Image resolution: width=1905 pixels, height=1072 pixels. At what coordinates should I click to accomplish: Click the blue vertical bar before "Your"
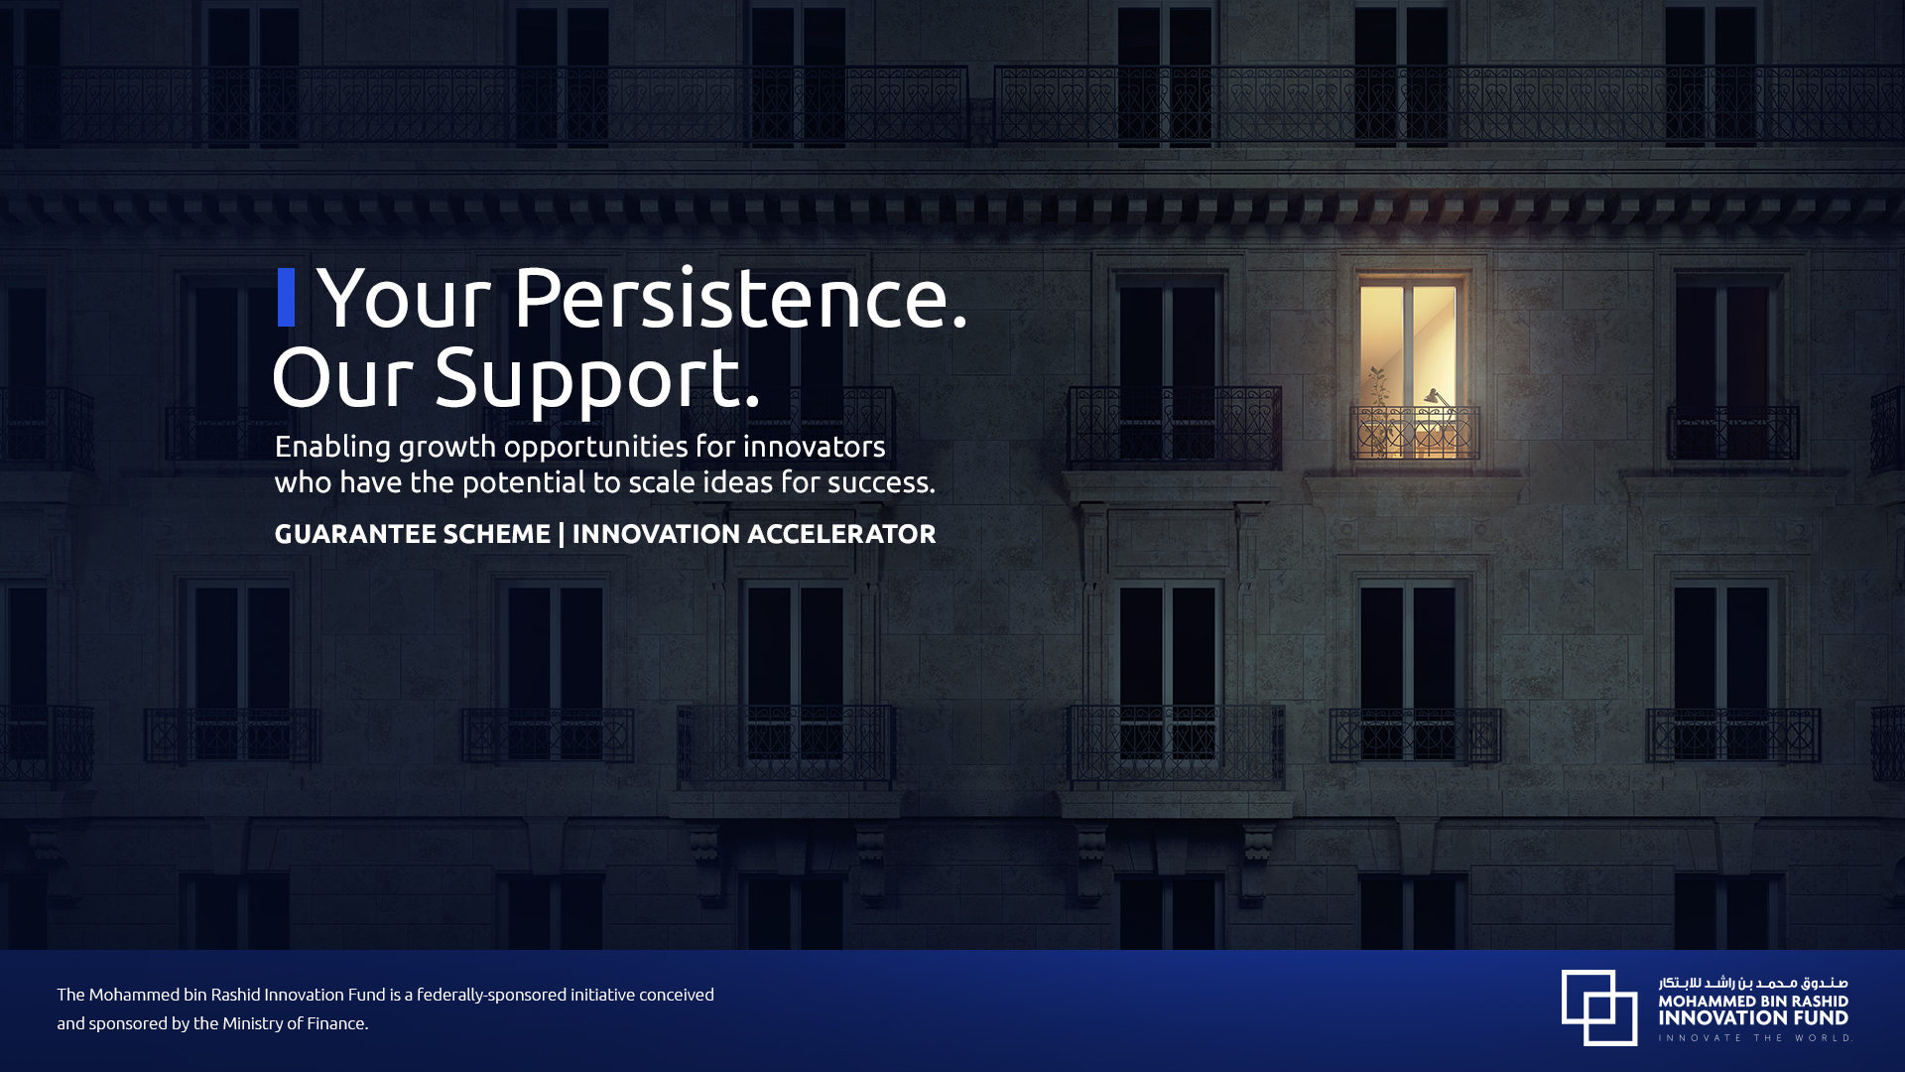(286, 297)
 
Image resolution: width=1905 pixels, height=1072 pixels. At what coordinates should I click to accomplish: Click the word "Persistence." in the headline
(740, 297)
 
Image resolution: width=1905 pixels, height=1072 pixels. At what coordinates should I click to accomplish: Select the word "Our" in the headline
(342, 377)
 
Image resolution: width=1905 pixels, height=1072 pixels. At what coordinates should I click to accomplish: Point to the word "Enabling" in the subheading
(332, 448)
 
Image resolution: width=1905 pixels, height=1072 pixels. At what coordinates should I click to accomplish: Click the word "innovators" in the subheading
(814, 447)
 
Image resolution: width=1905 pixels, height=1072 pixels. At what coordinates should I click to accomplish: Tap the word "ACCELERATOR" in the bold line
(841, 534)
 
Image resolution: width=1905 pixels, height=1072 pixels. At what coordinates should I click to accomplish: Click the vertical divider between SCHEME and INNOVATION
(562, 534)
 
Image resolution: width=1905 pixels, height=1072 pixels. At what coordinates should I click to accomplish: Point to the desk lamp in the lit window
(1438, 403)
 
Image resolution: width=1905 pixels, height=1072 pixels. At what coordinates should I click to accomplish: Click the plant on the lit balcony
(1377, 409)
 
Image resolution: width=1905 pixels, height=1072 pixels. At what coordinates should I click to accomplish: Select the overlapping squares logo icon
(1599, 1007)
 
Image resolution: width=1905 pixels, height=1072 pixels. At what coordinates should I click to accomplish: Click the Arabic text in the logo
(1753, 983)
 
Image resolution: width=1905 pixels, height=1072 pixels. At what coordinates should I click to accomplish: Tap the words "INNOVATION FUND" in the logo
(1753, 1017)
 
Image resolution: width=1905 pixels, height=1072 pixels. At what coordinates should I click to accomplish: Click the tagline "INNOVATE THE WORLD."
(1755, 1038)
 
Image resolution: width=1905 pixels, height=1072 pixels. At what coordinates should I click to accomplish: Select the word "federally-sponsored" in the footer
(492, 995)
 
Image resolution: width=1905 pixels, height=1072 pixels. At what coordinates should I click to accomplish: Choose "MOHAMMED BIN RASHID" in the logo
(1753, 1002)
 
